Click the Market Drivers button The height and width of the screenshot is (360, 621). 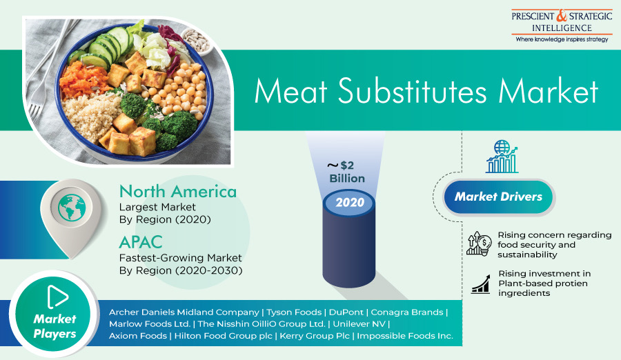[498, 197]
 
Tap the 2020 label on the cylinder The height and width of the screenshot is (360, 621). [350, 202]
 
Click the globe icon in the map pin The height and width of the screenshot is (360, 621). [72, 208]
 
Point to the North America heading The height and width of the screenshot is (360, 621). [178, 192]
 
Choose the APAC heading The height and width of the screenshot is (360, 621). [141, 242]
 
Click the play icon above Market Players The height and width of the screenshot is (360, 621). [57, 297]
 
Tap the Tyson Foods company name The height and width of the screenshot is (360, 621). [294, 312]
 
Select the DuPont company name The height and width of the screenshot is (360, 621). [346, 312]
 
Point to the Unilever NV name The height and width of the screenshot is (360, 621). [359, 324]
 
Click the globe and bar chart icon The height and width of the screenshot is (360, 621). [502, 157]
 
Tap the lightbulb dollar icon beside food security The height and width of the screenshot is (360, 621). [479, 243]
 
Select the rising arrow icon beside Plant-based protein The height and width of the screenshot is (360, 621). [480, 284]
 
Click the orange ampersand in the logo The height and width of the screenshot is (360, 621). [562, 16]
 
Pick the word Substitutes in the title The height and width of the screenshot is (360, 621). [412, 91]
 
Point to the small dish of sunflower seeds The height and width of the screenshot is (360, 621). [197, 41]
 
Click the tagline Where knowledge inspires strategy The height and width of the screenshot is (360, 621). [562, 39]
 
